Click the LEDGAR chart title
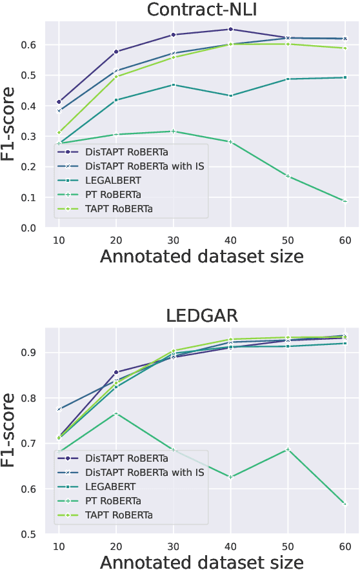coord(201,316)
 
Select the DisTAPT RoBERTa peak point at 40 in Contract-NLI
coord(230,29)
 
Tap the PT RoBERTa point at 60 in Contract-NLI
coord(345,201)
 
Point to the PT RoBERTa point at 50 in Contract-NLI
coord(288,176)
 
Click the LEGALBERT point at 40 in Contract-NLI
coord(230,95)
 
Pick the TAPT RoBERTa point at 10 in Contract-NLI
coord(59,132)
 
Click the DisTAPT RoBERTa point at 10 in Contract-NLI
coord(59,102)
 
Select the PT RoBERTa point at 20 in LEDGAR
coord(116,413)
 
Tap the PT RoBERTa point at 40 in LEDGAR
coord(230,477)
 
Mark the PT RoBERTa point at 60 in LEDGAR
coord(345,504)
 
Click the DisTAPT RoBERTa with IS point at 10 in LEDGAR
coord(59,409)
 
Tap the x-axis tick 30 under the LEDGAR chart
coord(173,544)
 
